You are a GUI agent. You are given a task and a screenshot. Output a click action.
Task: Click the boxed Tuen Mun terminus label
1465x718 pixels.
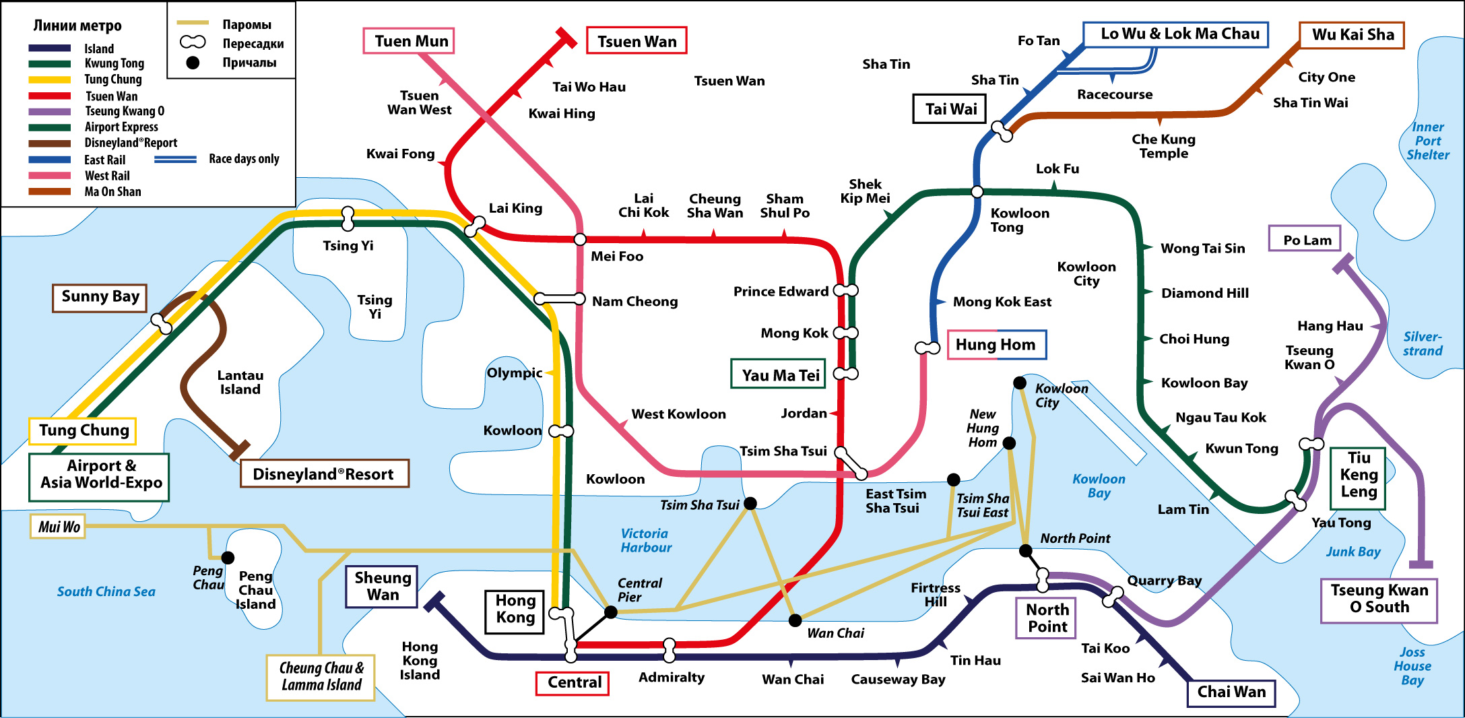pos(410,41)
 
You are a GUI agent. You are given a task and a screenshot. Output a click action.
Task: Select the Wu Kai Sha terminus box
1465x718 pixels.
pos(1352,35)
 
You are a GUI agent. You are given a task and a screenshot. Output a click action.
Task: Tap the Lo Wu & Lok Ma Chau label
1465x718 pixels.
pos(1176,34)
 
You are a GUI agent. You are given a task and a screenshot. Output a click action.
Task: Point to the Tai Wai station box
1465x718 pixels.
pos(950,109)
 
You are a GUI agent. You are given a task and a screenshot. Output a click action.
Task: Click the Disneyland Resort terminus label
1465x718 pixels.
pos(324,474)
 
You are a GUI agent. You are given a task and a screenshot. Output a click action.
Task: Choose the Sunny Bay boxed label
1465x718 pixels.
pos(100,297)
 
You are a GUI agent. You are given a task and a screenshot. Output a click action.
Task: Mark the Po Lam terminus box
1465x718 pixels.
pos(1305,239)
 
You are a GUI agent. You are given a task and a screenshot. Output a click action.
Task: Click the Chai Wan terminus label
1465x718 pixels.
pos(1231,692)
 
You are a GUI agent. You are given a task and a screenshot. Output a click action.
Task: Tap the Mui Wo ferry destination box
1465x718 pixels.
pos(58,527)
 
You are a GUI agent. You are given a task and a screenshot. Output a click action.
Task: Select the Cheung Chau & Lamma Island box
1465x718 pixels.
pos(321,677)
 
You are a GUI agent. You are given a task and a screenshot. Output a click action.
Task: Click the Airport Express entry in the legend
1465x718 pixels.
pos(121,127)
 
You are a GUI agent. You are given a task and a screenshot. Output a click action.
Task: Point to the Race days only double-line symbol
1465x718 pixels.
pos(175,160)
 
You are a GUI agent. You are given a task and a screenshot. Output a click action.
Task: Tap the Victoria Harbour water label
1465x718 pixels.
pos(645,540)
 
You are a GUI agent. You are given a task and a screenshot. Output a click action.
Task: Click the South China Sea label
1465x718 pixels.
pos(106,591)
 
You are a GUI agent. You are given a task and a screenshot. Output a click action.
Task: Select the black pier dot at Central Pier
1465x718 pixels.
pos(611,612)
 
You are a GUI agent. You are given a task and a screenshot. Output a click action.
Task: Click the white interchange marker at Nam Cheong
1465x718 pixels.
pos(560,298)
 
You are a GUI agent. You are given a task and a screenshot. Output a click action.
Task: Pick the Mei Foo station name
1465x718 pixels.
pos(616,256)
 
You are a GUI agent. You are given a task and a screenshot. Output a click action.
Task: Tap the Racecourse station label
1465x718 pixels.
pos(1115,95)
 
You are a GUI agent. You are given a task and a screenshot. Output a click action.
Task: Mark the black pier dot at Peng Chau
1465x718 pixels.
pos(228,558)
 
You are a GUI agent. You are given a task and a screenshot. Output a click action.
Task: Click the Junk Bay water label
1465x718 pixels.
pos(1353,552)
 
